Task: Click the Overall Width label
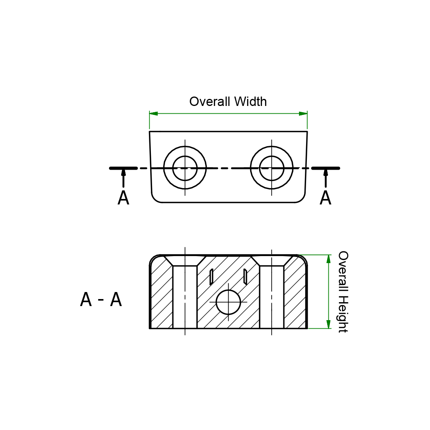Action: point(228,102)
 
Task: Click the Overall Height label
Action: point(343,292)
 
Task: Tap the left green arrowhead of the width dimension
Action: point(154,114)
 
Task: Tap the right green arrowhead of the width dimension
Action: point(303,114)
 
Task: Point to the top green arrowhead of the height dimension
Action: point(328,259)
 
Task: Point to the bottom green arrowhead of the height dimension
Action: point(328,324)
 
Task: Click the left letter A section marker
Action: point(123,198)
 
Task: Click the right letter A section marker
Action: point(325,198)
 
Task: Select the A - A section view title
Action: point(101,300)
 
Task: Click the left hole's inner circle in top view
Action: point(185,168)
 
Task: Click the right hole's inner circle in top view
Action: point(272,168)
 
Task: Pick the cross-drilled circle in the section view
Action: point(228,302)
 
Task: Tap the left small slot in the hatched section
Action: point(211,277)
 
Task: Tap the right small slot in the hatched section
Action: point(245,276)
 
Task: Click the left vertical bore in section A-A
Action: point(185,297)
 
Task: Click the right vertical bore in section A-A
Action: point(272,297)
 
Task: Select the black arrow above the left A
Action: point(124,176)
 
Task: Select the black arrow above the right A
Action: point(326,176)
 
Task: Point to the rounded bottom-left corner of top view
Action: point(155,199)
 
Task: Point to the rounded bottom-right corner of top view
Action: point(301,199)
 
